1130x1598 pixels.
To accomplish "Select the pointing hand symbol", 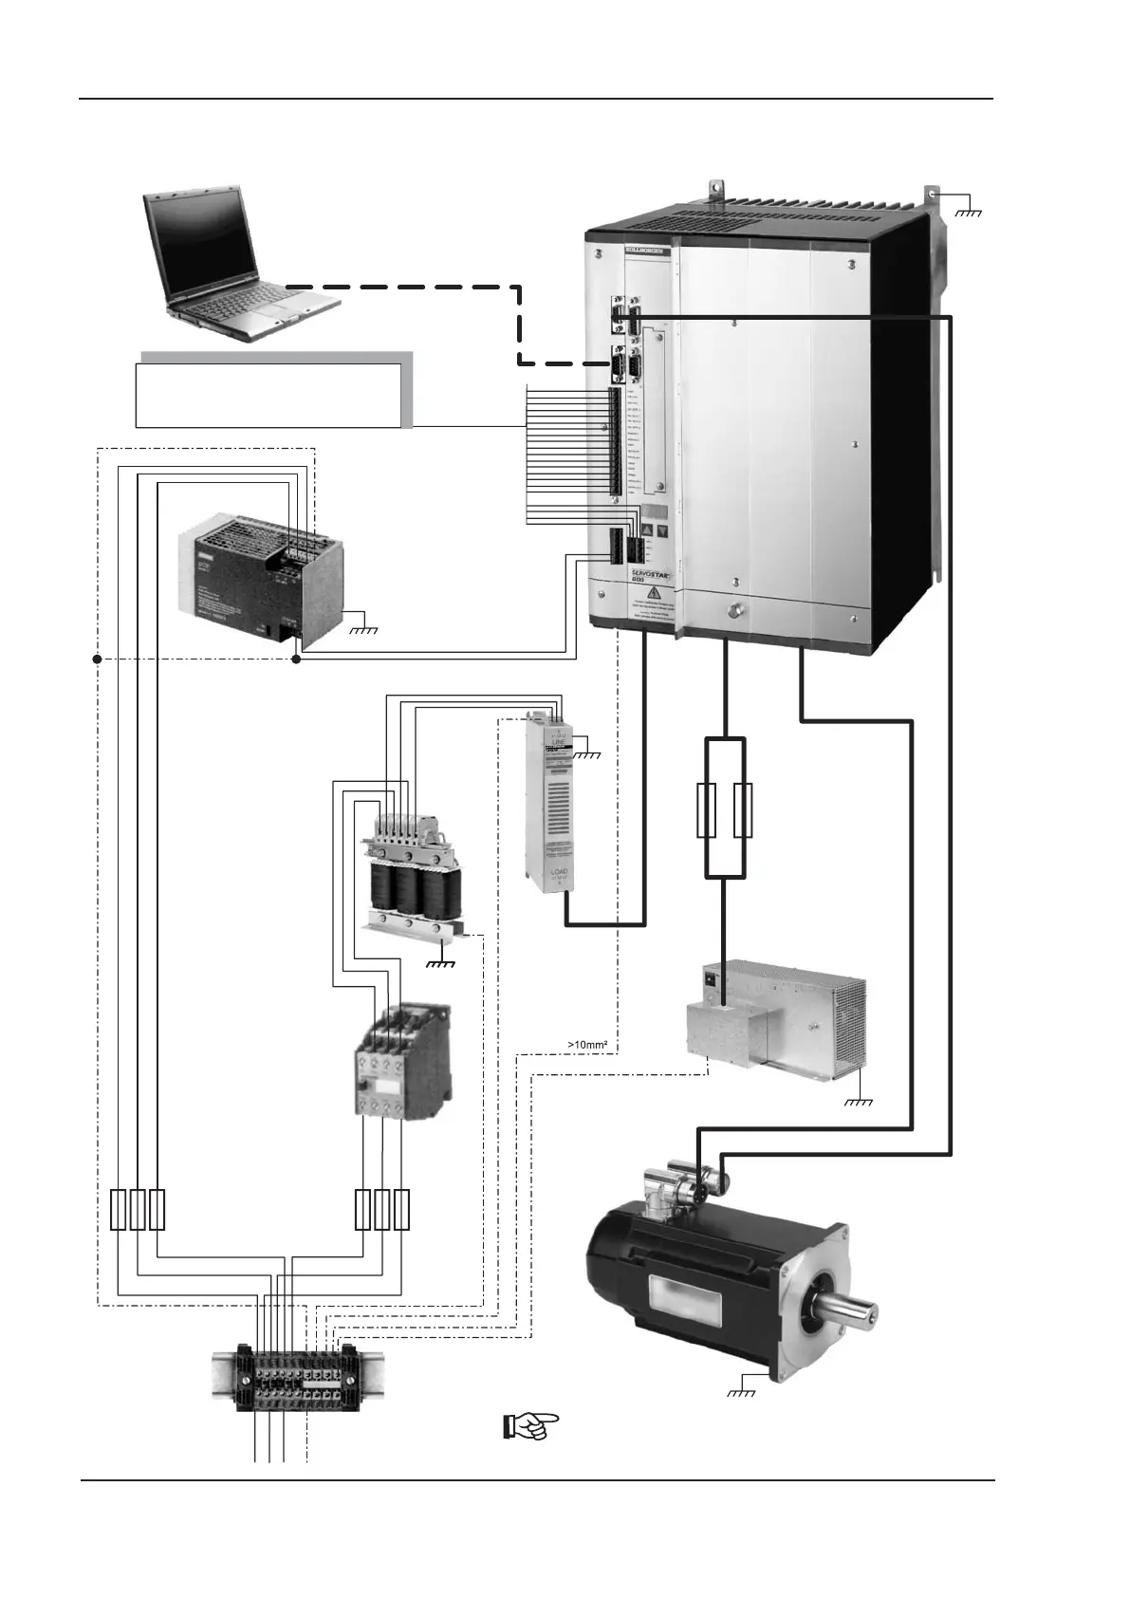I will point(530,1425).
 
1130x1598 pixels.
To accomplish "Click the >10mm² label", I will point(587,1045).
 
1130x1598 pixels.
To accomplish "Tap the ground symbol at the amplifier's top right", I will point(970,212).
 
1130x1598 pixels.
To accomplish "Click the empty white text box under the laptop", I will point(268,395).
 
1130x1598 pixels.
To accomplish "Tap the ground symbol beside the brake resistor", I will point(858,1102).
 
